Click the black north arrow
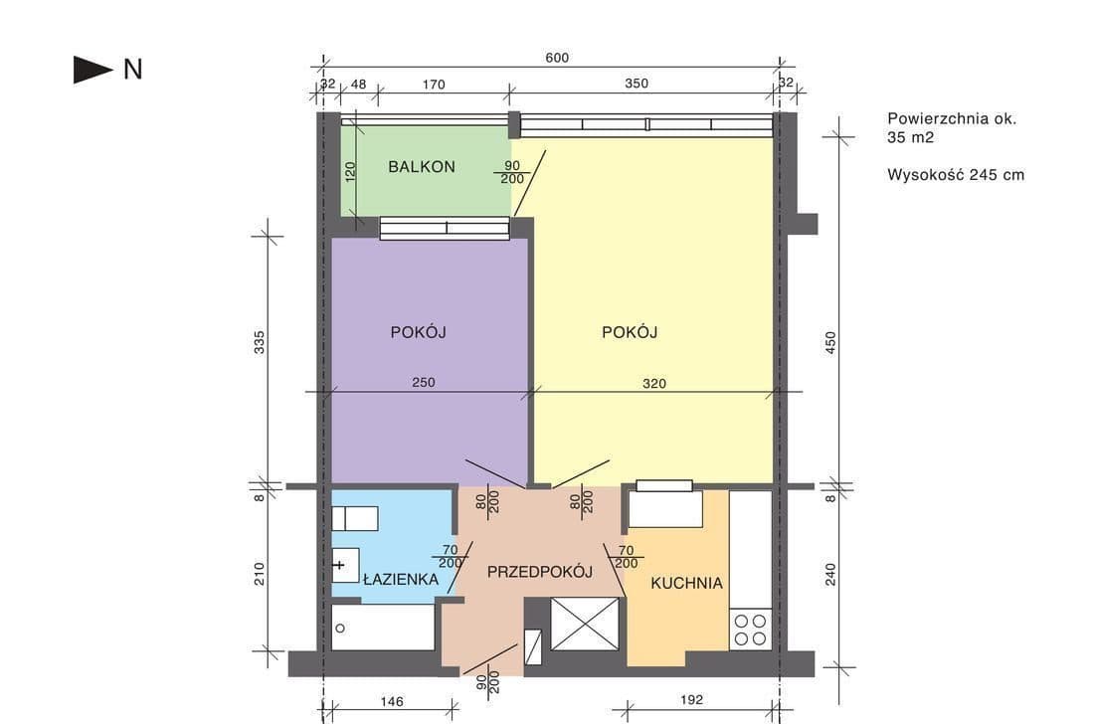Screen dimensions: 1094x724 92,70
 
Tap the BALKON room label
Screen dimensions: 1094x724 422,167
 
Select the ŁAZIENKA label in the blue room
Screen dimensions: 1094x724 401,579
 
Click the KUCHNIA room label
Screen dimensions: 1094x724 686,583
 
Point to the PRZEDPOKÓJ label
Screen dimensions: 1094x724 540,572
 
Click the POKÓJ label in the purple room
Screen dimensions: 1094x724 418,332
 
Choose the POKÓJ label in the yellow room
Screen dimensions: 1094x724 630,332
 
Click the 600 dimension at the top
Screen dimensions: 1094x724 557,58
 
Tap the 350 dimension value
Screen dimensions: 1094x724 637,84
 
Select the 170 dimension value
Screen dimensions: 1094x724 434,85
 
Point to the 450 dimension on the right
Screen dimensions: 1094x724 830,342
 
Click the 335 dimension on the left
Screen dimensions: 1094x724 259,342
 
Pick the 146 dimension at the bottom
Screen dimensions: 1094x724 392,702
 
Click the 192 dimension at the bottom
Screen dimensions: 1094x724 691,699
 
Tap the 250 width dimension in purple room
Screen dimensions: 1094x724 424,382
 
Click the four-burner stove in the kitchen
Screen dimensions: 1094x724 750,630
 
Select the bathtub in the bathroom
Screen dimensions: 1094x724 383,628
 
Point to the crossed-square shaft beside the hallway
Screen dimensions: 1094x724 585,625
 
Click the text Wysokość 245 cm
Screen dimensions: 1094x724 956,174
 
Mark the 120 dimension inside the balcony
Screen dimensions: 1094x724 350,172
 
